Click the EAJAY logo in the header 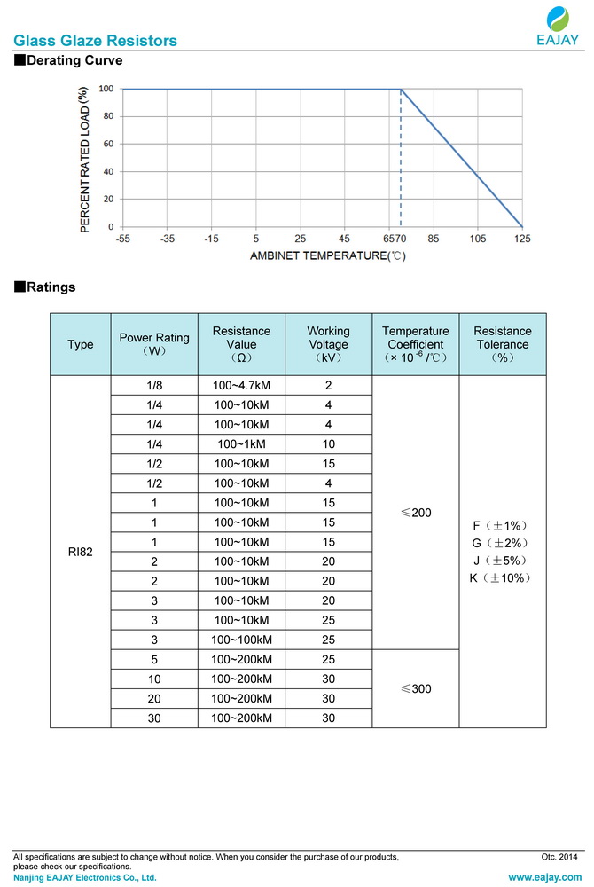point(558,27)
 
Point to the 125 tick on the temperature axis point(522,239)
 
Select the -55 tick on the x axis point(122,239)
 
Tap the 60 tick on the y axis point(106,144)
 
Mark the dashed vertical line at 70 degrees point(401,160)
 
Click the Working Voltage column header point(328,344)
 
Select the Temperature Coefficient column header point(415,344)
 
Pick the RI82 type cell point(80,552)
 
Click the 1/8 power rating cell point(154,386)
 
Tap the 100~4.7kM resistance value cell point(241,386)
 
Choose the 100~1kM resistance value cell point(241,443)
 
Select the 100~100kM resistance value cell point(241,640)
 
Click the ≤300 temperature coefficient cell point(415,688)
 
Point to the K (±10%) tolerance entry point(501,578)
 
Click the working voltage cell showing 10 point(328,443)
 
